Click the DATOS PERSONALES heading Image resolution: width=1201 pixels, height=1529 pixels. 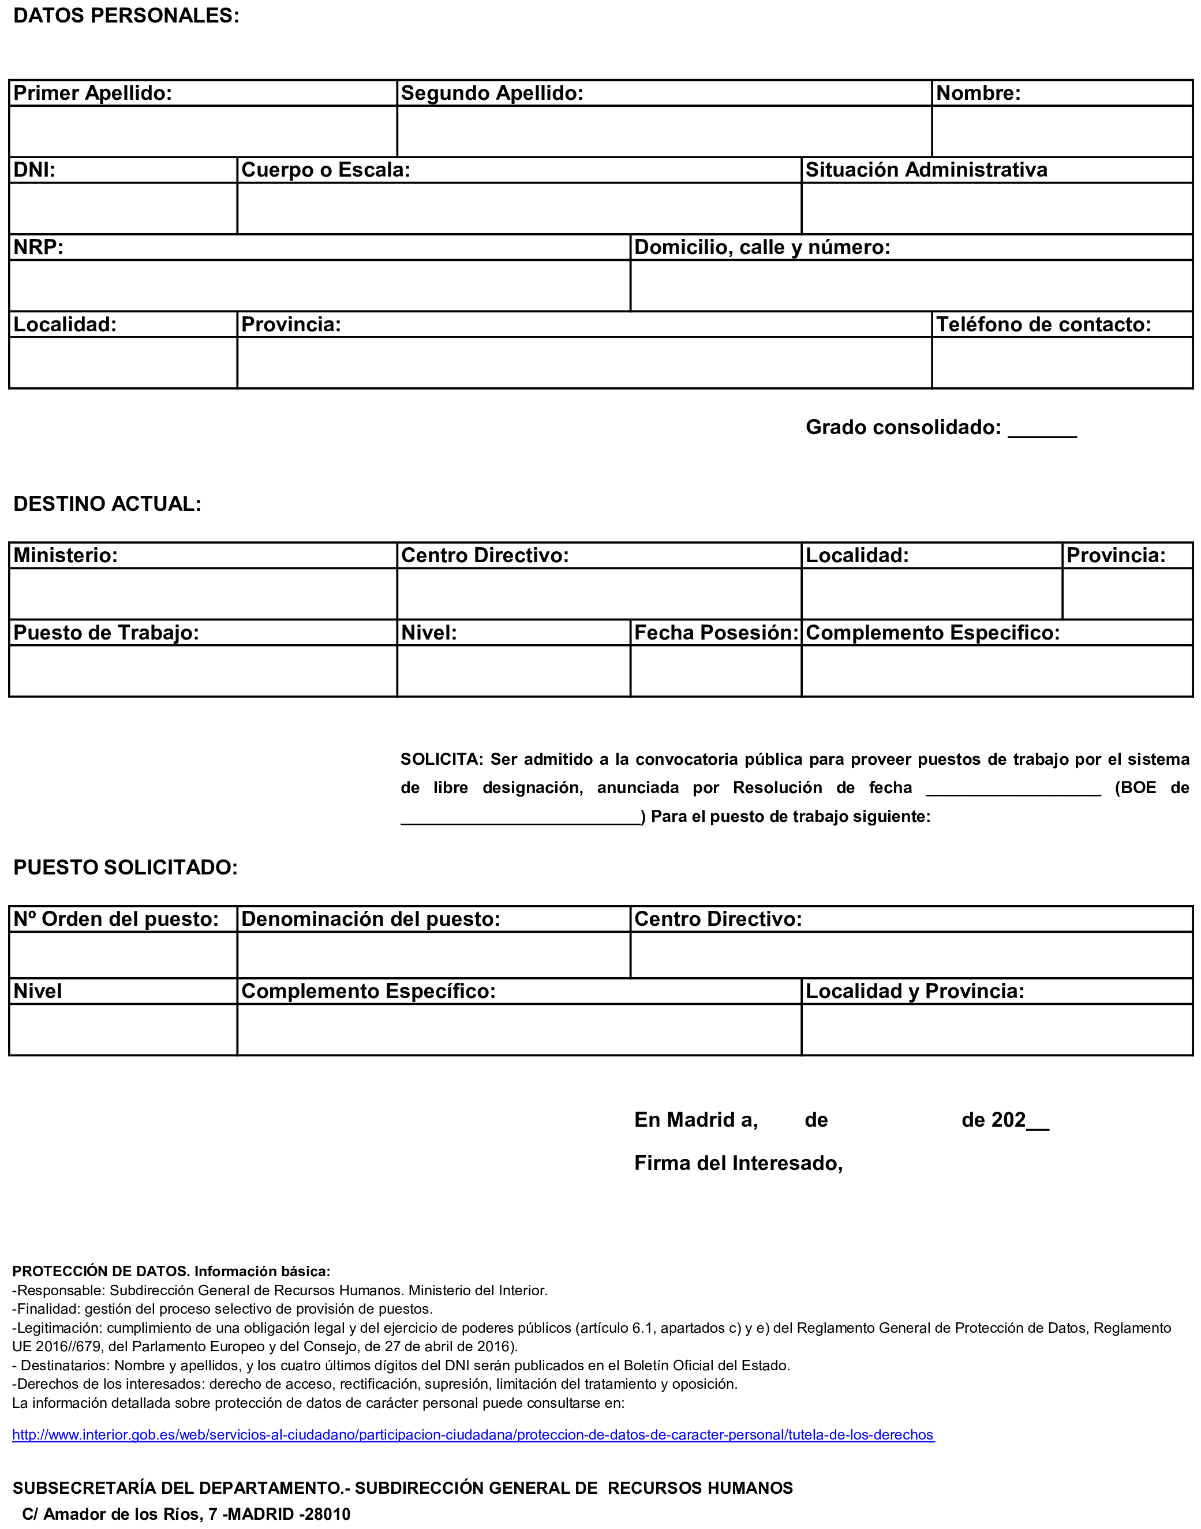click(126, 16)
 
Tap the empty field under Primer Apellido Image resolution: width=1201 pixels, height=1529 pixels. click(203, 131)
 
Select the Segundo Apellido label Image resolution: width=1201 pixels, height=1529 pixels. click(492, 93)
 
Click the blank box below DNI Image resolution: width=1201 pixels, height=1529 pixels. click(123, 208)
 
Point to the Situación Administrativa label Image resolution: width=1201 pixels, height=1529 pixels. click(926, 170)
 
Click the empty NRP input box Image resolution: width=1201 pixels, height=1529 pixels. click(319, 286)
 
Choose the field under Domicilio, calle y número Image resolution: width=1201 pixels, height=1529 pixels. click(911, 286)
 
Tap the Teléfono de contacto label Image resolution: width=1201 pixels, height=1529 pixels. click(1043, 324)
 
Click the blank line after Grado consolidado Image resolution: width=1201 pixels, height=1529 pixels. click(1042, 429)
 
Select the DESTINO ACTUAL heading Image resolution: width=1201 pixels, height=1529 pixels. click(107, 503)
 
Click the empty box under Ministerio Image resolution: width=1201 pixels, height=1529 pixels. click(203, 593)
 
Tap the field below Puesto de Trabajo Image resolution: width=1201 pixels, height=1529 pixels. click(203, 671)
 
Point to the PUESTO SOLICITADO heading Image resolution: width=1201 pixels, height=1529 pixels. click(126, 867)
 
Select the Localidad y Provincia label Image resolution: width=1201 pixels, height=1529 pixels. click(914, 991)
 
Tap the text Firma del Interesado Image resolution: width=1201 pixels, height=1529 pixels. click(738, 1163)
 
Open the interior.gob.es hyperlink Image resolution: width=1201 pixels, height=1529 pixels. click(473, 1435)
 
